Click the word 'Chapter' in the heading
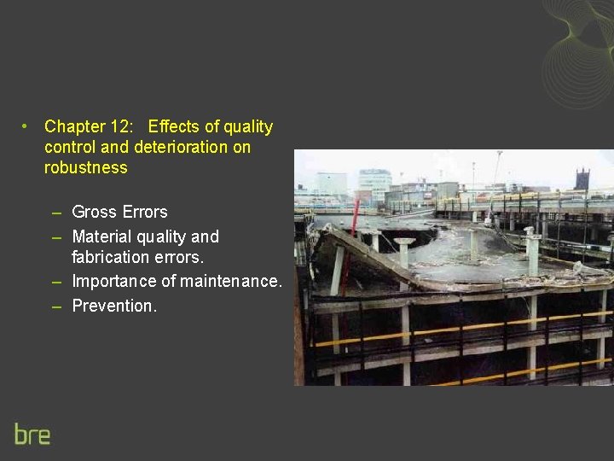[75, 127]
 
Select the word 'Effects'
[173, 127]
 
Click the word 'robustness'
[85, 167]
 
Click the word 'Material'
[102, 236]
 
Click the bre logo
[32, 434]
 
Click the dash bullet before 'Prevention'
[55, 306]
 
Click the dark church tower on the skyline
[582, 179]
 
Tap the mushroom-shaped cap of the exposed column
[404, 242]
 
